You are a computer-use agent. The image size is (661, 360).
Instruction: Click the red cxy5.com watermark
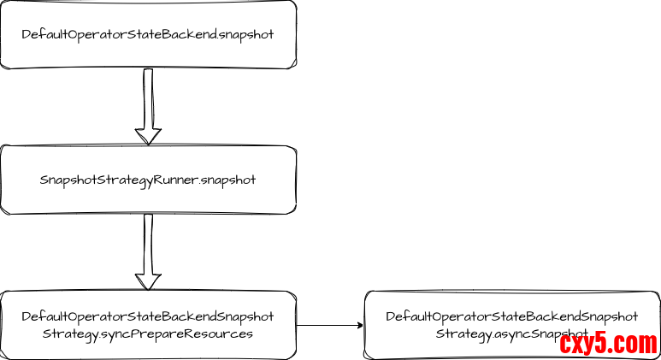click(608, 344)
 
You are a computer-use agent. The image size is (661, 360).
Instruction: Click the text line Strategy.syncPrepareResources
click(148, 333)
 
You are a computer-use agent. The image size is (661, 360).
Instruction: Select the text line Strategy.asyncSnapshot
click(511, 333)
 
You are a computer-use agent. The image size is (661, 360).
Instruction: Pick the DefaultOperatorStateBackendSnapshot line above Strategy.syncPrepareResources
click(148, 316)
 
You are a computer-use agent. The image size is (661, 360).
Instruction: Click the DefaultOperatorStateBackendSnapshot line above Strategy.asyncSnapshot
click(511, 316)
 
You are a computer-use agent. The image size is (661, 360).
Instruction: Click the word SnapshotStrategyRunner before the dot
click(119, 180)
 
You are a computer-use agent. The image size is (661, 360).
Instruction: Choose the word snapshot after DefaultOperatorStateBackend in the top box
click(246, 34)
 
